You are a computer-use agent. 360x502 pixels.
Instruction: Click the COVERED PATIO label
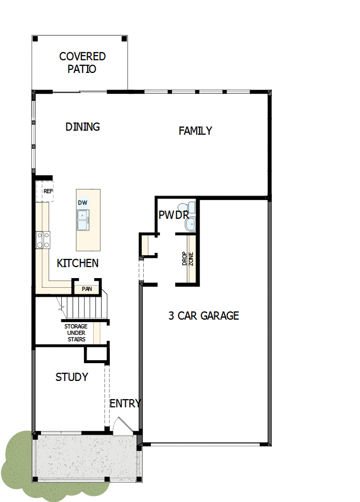point(82,62)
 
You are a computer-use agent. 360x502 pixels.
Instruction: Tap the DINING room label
point(83,127)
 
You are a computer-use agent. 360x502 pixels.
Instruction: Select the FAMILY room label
point(195,131)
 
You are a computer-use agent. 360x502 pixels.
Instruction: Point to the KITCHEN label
point(77,263)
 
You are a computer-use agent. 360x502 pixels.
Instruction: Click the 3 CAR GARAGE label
point(204,316)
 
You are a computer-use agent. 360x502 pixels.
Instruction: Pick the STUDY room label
point(71,377)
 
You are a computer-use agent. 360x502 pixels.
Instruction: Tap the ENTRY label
point(125,403)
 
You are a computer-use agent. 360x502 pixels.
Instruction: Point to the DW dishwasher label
point(83,203)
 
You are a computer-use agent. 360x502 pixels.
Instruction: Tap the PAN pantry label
point(87,289)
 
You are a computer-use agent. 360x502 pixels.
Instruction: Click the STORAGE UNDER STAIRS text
point(76,333)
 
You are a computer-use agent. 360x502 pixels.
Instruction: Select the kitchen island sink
point(83,220)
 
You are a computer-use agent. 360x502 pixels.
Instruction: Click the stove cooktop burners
point(43,240)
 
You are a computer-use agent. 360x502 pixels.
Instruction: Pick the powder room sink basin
point(190,224)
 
